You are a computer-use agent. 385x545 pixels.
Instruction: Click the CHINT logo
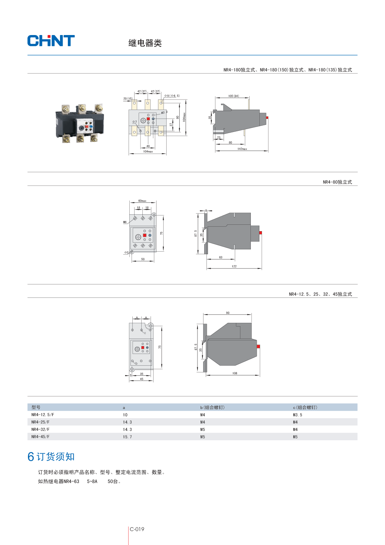[51, 41]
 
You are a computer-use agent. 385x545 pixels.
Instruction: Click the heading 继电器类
[145, 43]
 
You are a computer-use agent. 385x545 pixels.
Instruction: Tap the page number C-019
[137, 529]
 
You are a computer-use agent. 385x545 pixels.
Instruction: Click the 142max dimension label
[242, 149]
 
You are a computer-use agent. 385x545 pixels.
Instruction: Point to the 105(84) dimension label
[234, 96]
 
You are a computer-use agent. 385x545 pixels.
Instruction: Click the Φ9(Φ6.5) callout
[172, 96]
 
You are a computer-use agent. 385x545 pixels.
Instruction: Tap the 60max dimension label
[142, 201]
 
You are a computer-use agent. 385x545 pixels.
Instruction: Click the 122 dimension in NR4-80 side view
[234, 267]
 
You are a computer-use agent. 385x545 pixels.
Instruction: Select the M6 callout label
[125, 222]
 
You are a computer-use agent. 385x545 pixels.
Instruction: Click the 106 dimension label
[235, 373]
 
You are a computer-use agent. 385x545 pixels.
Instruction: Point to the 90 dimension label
[228, 313]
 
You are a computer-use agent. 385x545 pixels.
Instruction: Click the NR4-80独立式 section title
[337, 182]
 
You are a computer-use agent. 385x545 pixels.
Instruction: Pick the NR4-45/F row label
[40, 437]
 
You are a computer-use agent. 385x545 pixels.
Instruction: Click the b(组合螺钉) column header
[212, 407]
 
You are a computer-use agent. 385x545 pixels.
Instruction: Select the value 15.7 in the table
[127, 437]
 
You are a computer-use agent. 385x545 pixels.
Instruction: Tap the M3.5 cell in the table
[297, 415]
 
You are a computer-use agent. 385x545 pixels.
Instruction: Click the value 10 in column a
[125, 415]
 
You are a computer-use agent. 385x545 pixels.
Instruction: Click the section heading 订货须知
[56, 457]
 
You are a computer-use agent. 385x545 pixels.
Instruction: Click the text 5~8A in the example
[92, 482]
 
